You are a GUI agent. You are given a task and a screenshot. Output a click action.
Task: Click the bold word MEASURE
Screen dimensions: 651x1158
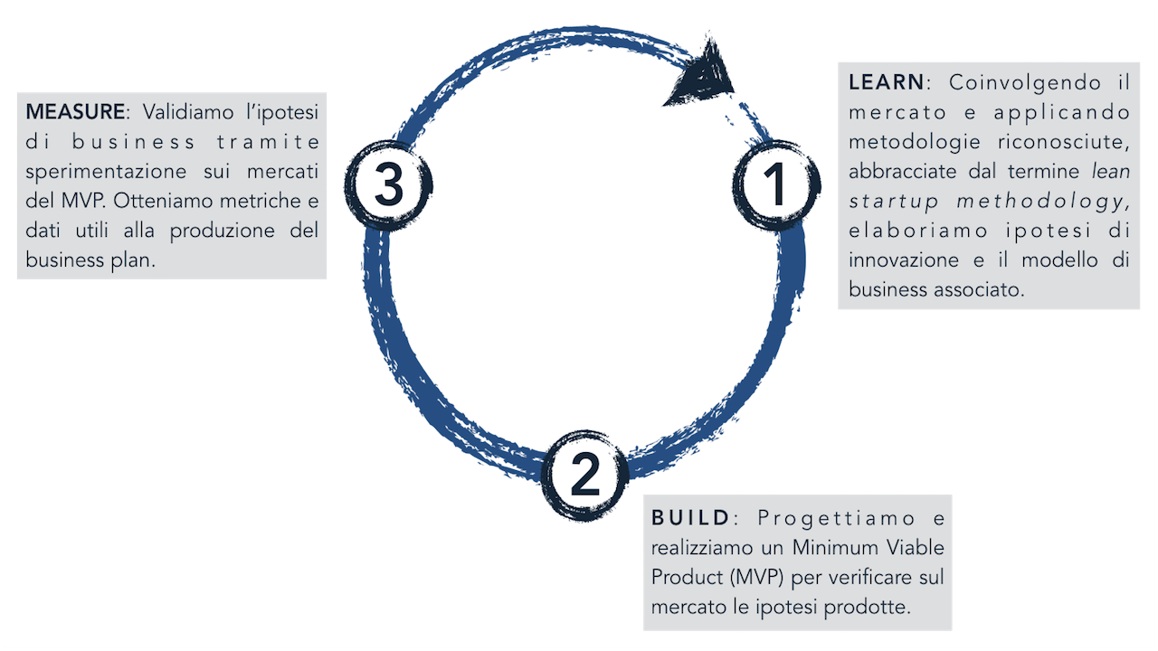[x=75, y=112]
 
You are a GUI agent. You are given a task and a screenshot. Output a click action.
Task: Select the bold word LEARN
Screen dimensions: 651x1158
[x=887, y=82]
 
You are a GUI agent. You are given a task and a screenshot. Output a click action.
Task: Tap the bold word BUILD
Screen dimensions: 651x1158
[x=690, y=518]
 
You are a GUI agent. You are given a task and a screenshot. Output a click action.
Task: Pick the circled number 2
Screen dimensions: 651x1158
[x=584, y=474]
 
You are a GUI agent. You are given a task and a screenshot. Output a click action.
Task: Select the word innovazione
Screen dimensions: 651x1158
[x=904, y=260]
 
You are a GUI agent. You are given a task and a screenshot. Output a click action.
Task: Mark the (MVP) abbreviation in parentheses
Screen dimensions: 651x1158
[x=745, y=578]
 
